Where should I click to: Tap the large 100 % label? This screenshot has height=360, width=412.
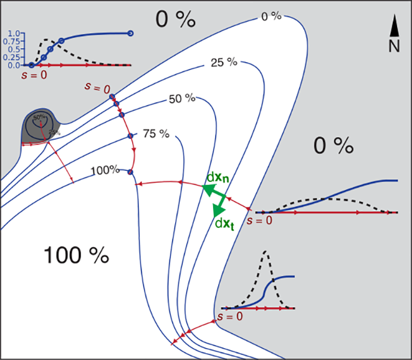point(76,255)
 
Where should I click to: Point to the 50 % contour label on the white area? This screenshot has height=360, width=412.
point(182,99)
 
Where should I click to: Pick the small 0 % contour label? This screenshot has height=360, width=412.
point(270,17)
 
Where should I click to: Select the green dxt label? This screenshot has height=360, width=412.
point(222,223)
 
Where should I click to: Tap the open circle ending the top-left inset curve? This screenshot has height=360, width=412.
point(130,34)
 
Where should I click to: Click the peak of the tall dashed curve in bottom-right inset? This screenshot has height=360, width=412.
point(266,252)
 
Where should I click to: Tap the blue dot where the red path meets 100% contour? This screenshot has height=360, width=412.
point(130,171)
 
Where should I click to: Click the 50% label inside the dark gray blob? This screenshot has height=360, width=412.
point(39,117)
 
